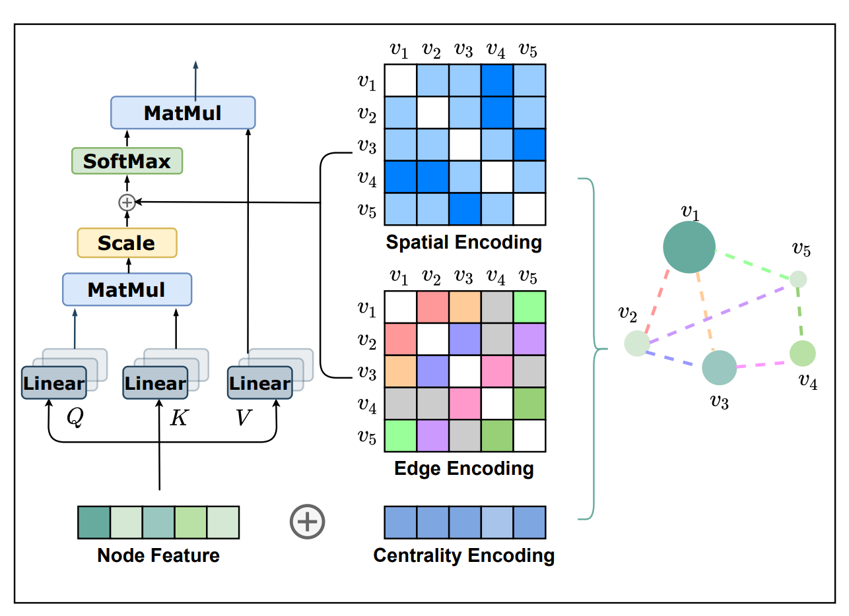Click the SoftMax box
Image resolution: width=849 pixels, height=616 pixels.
[127, 161]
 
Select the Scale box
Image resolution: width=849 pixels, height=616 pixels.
[127, 243]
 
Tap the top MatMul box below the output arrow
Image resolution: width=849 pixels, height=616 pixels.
[182, 113]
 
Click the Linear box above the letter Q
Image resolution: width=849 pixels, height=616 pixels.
[53, 383]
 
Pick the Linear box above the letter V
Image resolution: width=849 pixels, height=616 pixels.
[259, 383]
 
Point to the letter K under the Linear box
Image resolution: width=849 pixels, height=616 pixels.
[178, 418]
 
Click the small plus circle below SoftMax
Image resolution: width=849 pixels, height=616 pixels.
[126, 202]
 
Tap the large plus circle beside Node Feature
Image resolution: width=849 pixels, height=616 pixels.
[308, 521]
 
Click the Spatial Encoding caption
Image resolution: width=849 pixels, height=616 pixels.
[463, 242]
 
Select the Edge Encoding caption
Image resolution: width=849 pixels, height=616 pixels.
[463, 469]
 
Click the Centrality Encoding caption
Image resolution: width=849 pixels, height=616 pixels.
[463, 555]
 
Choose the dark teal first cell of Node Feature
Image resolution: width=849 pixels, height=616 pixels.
[94, 522]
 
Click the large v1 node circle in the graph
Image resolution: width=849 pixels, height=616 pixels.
[689, 247]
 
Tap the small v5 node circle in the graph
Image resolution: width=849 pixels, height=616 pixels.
[798, 279]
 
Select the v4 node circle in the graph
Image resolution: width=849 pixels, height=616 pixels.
[802, 354]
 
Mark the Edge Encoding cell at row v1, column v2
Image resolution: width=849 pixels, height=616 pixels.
[432, 307]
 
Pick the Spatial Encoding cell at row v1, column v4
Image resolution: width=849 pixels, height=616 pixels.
[497, 80]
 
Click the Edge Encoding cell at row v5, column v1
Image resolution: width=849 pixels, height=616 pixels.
[400, 436]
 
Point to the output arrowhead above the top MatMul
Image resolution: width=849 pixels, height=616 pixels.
[195, 65]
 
